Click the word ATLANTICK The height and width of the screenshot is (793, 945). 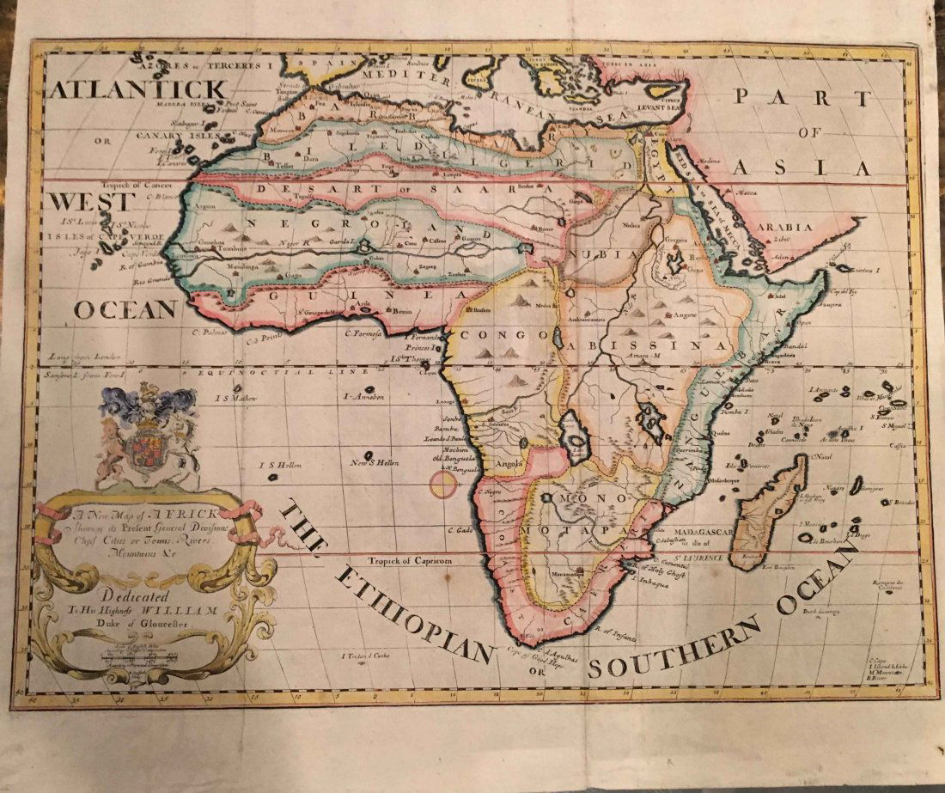[137, 89]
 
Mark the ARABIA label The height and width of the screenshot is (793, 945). [783, 227]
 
